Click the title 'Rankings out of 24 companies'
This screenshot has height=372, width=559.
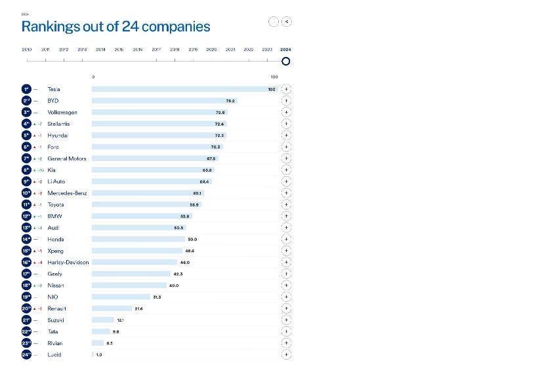click(116, 27)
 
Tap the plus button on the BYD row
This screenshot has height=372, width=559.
click(286, 101)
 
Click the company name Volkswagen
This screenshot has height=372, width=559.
click(62, 113)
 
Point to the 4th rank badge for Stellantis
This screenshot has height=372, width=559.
click(26, 124)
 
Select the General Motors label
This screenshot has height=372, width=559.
click(67, 158)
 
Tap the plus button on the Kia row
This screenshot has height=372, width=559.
click(286, 170)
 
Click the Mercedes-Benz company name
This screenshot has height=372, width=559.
click(67, 193)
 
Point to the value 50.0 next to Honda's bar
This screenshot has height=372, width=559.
click(192, 239)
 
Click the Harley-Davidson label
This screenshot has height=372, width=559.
click(68, 262)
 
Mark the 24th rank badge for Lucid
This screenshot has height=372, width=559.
click(26, 354)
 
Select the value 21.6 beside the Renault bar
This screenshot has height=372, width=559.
click(138, 308)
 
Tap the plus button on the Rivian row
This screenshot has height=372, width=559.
click(286, 343)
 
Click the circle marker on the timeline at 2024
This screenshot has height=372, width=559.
click(285, 62)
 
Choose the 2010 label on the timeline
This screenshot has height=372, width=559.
click(27, 50)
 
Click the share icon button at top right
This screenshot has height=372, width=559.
click(287, 22)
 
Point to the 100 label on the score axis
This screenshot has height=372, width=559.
click(274, 77)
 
